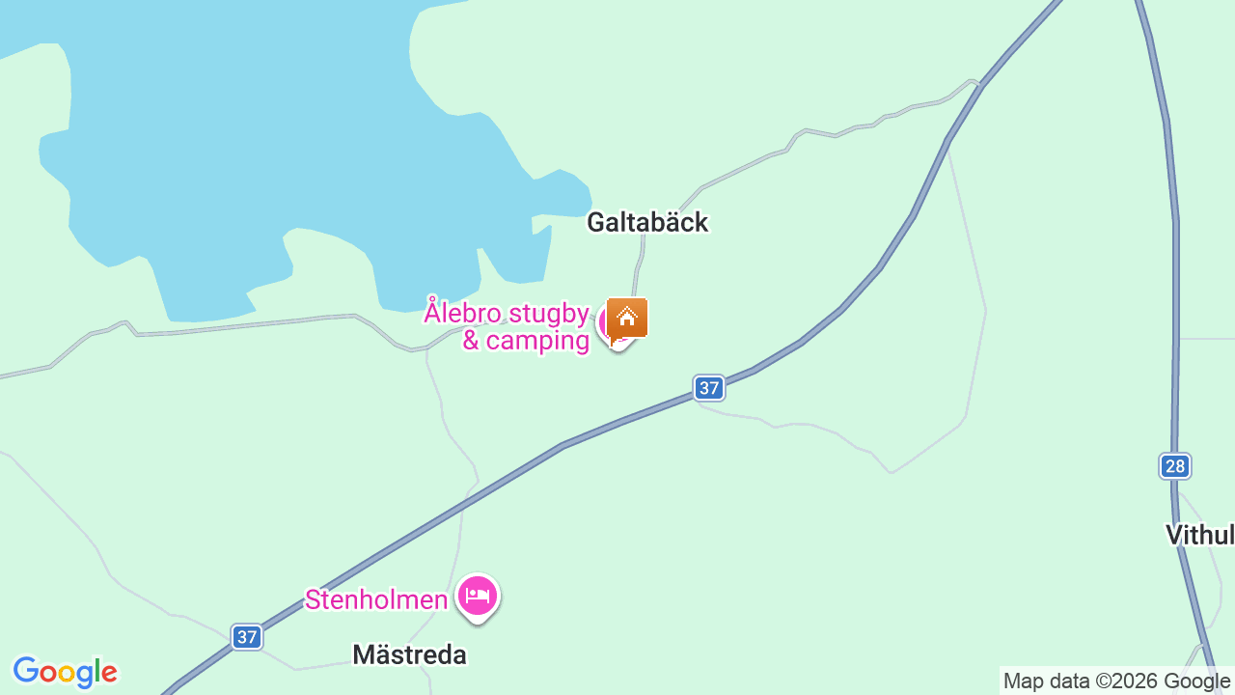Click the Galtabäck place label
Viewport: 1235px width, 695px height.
click(x=647, y=223)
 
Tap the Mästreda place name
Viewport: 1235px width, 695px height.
click(x=409, y=655)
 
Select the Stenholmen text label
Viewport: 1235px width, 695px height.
click(x=376, y=600)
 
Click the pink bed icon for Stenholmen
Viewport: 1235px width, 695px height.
click(x=477, y=596)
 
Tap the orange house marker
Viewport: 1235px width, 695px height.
click(x=627, y=318)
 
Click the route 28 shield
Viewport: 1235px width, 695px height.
click(x=1174, y=467)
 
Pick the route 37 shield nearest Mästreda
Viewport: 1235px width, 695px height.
click(x=247, y=637)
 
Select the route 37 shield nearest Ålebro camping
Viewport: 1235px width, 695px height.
click(x=709, y=388)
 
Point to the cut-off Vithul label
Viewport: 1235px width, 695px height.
click(x=1199, y=535)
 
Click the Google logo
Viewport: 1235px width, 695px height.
click(x=65, y=672)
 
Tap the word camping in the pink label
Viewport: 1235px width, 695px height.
click(x=537, y=341)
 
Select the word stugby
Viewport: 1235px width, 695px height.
click(x=548, y=314)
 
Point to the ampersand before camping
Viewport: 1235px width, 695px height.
click(x=471, y=341)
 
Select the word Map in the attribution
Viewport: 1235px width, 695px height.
click(x=1023, y=681)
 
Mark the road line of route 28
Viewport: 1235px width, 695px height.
click(x=1175, y=290)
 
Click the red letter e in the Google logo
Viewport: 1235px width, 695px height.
click(x=110, y=673)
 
